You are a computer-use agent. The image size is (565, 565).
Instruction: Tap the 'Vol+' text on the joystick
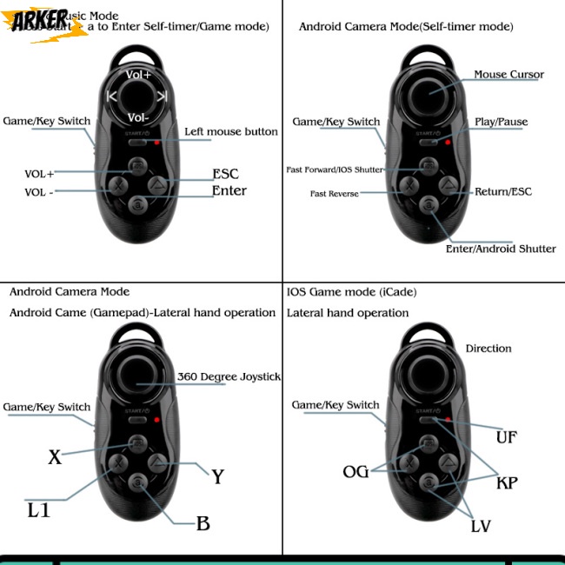click(138, 76)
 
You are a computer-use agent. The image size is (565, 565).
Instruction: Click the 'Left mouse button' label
click(231, 132)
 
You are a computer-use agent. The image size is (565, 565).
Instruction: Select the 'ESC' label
click(225, 173)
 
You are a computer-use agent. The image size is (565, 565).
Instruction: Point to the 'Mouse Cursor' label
click(508, 75)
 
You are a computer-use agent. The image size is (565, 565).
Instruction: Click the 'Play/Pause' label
click(501, 122)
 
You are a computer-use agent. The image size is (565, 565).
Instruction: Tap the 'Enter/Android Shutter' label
click(501, 249)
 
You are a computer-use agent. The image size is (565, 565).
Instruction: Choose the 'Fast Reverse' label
click(335, 194)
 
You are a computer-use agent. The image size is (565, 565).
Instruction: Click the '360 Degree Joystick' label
click(229, 376)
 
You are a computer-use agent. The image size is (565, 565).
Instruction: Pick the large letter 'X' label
click(55, 457)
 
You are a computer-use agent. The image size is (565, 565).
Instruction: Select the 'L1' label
click(38, 510)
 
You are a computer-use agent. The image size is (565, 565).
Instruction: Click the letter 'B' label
click(203, 523)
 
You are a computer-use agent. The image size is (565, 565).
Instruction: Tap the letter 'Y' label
click(218, 476)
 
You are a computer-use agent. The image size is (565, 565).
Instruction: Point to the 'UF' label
click(506, 437)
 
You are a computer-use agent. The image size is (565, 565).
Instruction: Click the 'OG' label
click(356, 472)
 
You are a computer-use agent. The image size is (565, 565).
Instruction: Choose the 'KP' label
click(506, 482)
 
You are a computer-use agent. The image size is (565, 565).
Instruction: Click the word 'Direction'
click(489, 349)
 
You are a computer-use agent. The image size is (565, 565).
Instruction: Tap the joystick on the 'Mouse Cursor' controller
click(429, 90)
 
